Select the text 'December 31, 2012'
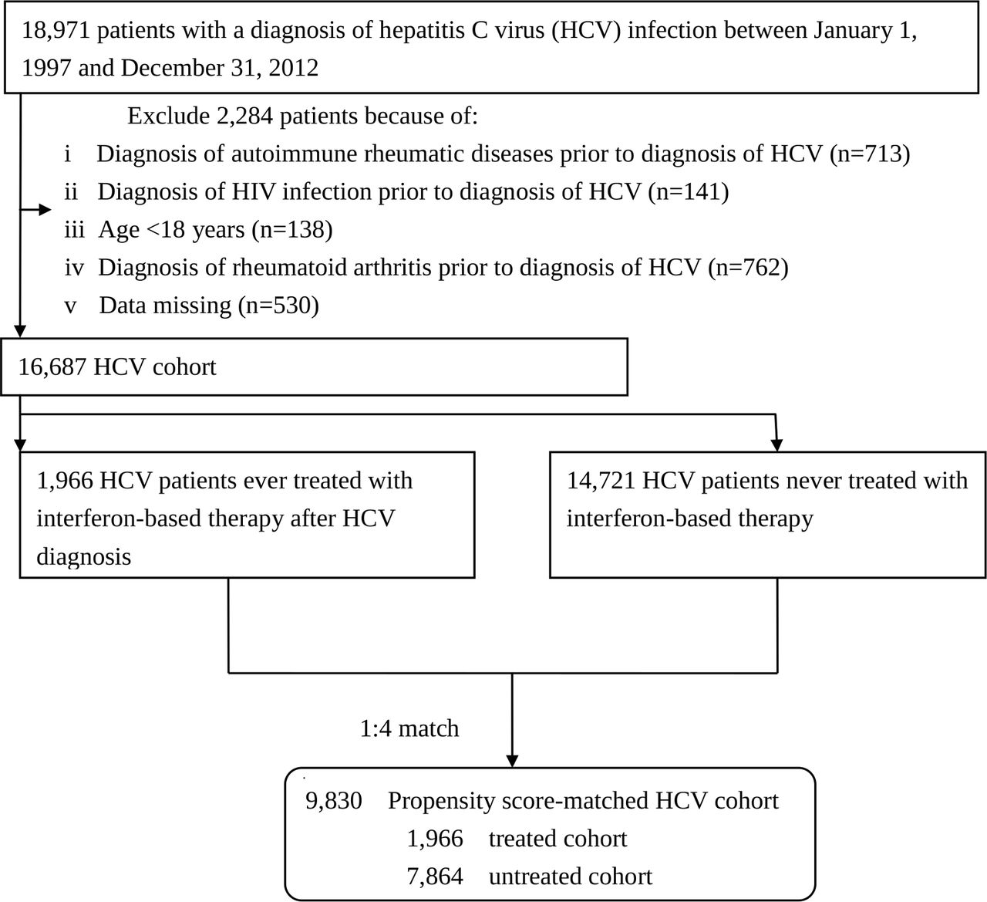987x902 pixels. [x=220, y=68]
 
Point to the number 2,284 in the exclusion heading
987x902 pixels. [x=244, y=117]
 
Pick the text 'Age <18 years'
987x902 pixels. [x=171, y=230]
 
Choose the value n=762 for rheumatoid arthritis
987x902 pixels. [x=748, y=267]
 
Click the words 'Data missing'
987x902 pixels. [x=165, y=306]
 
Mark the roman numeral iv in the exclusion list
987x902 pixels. [x=74, y=268]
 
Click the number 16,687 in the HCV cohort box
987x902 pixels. [x=52, y=367]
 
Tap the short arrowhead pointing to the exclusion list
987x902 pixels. [x=45, y=210]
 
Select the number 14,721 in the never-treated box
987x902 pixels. [x=601, y=481]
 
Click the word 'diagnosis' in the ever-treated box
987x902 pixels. [x=83, y=557]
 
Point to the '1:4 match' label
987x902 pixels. [x=409, y=728]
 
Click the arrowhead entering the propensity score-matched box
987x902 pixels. [x=512, y=761]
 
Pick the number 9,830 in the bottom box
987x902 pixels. [x=334, y=801]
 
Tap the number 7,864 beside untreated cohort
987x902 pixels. [x=435, y=877]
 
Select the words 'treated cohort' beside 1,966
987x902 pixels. [x=558, y=839]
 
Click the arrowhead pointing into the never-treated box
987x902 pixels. [x=777, y=444]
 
